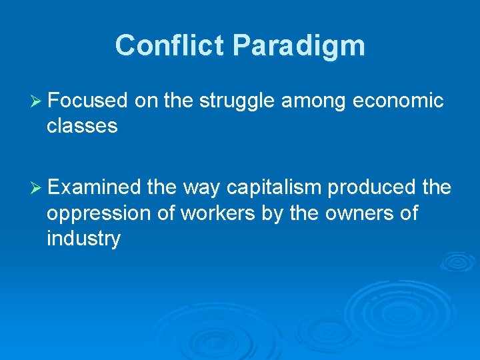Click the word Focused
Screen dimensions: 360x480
click(87, 101)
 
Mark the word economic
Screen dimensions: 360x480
click(398, 101)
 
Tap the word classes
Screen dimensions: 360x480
click(82, 126)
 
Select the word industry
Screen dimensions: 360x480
click(83, 239)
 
